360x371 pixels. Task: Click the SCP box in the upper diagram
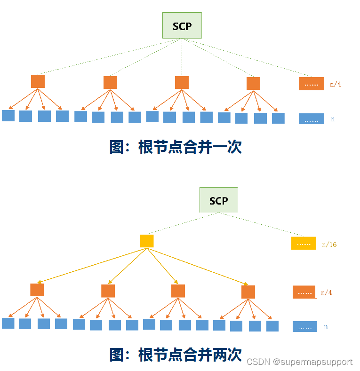click(x=182, y=25)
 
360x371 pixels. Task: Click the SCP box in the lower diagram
click(x=218, y=200)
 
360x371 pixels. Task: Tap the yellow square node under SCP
click(x=147, y=241)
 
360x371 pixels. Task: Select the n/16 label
click(x=329, y=245)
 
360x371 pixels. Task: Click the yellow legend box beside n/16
click(x=304, y=244)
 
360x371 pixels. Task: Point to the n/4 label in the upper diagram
click(x=336, y=84)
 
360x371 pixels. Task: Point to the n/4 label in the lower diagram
click(x=326, y=292)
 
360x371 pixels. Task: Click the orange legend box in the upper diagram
click(x=311, y=84)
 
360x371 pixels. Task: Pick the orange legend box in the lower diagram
click(x=304, y=292)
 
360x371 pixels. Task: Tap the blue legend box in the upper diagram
click(x=311, y=118)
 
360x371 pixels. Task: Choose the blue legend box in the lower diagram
click(x=304, y=326)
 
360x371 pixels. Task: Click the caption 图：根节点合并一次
click(x=176, y=147)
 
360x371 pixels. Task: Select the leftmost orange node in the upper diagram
click(x=38, y=81)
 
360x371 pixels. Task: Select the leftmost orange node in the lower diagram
click(x=37, y=290)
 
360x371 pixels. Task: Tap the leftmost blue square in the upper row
click(x=8, y=116)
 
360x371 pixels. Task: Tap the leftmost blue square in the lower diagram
click(x=8, y=324)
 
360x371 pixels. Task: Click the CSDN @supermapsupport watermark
click(x=299, y=362)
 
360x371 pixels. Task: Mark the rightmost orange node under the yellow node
click(x=248, y=292)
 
